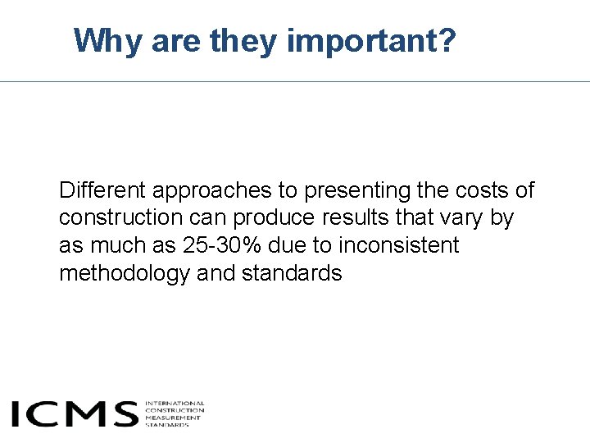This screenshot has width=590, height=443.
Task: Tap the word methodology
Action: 125,273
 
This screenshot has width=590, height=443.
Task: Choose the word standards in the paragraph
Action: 292,273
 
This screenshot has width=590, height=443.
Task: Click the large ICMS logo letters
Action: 75,413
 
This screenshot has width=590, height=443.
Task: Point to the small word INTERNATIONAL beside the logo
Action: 175,403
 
